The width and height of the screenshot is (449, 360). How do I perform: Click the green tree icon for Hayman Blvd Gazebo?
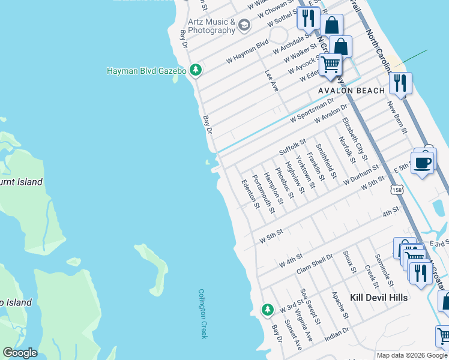coord(195,71)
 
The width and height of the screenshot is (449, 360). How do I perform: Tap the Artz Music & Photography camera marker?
coord(244,25)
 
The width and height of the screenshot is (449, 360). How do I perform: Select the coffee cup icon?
coord(422,162)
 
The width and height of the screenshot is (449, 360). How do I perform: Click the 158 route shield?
coord(397,190)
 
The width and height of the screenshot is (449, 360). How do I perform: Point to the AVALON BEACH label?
coord(351,91)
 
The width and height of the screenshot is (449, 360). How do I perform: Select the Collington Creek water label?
coord(202,314)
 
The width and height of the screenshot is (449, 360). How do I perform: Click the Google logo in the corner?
coord(20,353)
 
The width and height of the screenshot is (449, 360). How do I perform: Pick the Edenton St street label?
coord(250,194)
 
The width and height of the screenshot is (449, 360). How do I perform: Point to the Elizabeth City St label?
coord(354,139)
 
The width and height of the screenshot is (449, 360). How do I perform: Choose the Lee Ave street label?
coord(272,80)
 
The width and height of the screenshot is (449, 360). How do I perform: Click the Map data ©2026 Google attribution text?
coord(412,355)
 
